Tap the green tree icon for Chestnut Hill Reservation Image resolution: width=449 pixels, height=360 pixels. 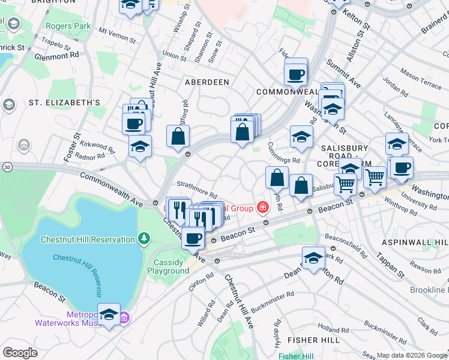[143, 239]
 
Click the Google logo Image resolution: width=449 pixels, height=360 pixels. [20, 353]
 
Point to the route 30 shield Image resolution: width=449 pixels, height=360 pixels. [7, 166]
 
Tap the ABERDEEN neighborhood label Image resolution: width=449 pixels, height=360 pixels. [207, 82]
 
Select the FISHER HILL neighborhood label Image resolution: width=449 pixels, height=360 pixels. [310, 340]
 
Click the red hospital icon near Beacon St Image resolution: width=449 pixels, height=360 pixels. [262, 208]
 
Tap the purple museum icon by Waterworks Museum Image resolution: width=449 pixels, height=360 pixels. [124, 317]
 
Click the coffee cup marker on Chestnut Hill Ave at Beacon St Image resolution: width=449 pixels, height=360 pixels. [193, 238]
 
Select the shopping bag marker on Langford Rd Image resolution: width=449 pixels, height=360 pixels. [178, 136]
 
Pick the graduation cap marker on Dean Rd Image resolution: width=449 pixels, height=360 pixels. [313, 257]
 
